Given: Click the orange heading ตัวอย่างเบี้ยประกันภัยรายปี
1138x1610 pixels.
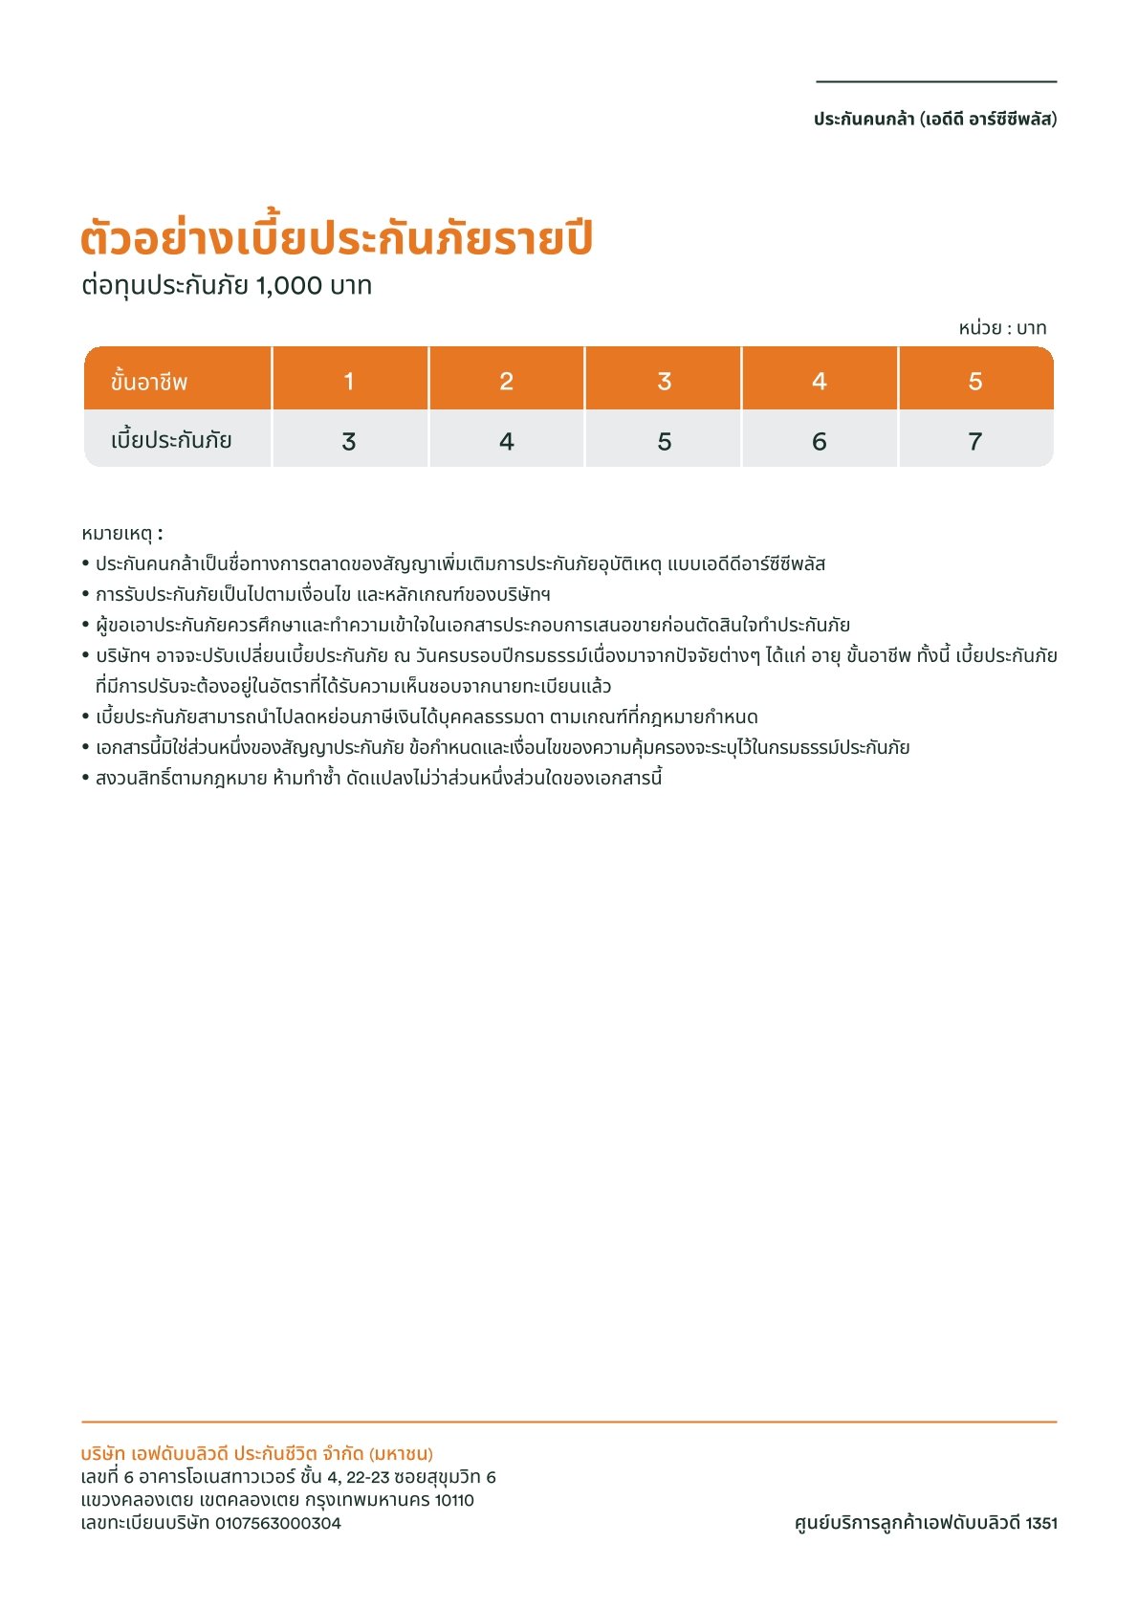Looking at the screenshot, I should pos(337,239).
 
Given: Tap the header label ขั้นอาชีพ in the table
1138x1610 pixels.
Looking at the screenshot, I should pos(149,382).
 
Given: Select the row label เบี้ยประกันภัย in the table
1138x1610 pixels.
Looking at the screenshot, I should pos(171,441).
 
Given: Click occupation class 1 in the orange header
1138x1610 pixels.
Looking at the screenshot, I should pos(349,382).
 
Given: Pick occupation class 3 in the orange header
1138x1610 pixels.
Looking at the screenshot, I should pos(664,382).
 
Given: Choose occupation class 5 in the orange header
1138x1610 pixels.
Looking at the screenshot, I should pos(974,382).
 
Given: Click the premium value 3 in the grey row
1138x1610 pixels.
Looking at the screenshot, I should pos(349,442).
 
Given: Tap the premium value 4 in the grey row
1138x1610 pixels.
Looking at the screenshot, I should pos(506,442).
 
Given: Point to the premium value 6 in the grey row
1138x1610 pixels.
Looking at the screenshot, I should pos(819,442).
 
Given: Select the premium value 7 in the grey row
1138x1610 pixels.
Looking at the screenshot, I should pos(974,442).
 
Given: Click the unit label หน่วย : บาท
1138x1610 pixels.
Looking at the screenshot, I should pos(1002,328).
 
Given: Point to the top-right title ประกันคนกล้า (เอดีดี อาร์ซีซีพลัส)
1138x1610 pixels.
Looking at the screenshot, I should pos(935,120).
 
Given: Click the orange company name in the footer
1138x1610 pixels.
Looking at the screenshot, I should pos(257,1454).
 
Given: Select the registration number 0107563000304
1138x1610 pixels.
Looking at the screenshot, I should pos(277,1523).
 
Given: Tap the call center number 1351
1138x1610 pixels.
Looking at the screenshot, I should pos(1040,1523).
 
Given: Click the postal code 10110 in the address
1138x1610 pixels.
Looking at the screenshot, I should pos(454,1500).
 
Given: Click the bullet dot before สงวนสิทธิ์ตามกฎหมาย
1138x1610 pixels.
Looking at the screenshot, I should pos(86,778).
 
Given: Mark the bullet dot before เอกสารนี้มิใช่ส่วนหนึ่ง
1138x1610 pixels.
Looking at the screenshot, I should pos(86,747).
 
